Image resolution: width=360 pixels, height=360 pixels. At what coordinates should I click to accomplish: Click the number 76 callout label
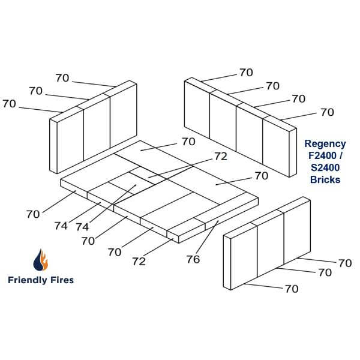tap(193, 259)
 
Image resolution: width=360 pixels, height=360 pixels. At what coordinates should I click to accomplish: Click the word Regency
tap(325, 144)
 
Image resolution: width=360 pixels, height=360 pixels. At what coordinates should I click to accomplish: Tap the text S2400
tap(325, 168)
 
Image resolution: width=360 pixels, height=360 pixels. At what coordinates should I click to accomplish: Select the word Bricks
tap(325, 180)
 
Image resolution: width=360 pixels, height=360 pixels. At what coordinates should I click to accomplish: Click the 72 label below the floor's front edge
tap(139, 262)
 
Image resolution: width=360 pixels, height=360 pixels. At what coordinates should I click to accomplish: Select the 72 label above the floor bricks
tap(220, 156)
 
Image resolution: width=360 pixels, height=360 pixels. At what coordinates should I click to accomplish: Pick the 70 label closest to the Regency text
tap(327, 112)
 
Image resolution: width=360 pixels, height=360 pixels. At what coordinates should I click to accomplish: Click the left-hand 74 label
tap(61, 227)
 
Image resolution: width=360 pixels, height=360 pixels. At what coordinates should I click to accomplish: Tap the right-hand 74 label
tap(83, 227)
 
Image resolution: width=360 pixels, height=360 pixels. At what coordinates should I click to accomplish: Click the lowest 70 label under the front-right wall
tap(291, 289)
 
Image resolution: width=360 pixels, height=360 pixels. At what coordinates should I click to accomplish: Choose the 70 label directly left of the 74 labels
tap(33, 214)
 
